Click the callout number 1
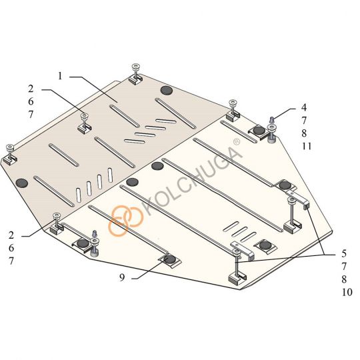pyautogui.click(x=60, y=76)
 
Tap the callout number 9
pyautogui.click(x=122, y=277)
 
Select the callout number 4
pyautogui.click(x=304, y=107)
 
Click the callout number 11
pyautogui.click(x=307, y=146)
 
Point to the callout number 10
pyautogui.click(x=347, y=292)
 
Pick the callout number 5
pyautogui.click(x=344, y=254)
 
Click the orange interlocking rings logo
pyautogui.click(x=125, y=221)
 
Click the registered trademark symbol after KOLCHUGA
pyautogui.click(x=237, y=141)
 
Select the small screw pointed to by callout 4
pyautogui.click(x=272, y=119)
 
